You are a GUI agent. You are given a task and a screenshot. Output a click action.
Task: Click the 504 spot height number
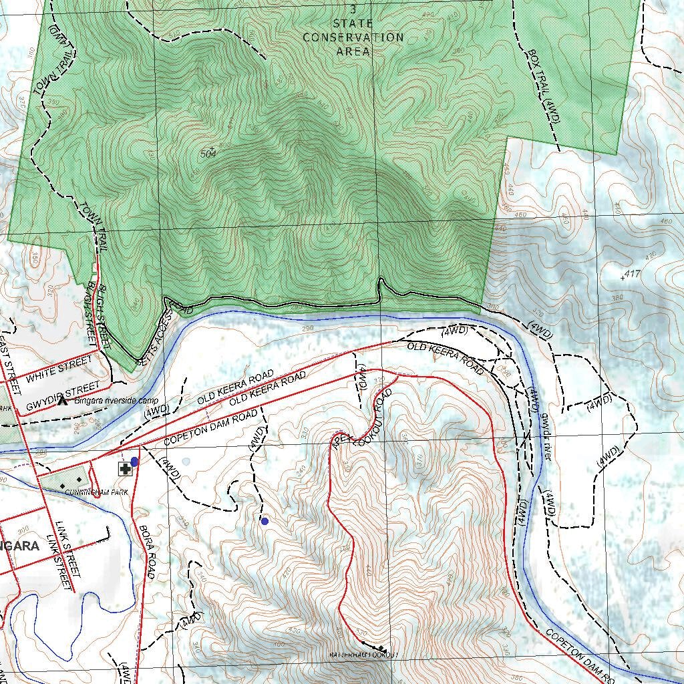209,154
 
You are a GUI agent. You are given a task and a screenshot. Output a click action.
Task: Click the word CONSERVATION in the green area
353,37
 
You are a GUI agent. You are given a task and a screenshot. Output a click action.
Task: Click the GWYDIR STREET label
63,397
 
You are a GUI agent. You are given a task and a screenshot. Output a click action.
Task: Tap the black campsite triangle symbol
63,401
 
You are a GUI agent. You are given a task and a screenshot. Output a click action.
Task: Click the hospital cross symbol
124,469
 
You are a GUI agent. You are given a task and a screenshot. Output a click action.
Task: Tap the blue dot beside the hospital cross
135,462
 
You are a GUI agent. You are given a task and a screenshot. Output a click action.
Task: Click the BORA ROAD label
147,552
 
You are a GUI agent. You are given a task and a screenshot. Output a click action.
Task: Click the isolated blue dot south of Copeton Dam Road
265,521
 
